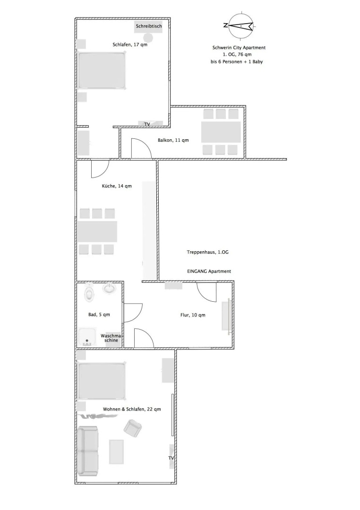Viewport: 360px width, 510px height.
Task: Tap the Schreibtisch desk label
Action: coord(148,26)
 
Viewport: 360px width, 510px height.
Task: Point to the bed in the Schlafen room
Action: coord(102,70)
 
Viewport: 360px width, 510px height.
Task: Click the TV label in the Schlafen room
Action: coord(147,124)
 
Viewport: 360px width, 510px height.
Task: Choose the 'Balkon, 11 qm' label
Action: coord(173,140)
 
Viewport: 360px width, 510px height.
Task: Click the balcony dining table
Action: coord(221,132)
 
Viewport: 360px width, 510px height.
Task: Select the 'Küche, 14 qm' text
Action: coord(117,186)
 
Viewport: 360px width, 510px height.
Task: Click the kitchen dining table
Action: coord(97,231)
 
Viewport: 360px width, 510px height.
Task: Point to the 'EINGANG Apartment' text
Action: coord(209,272)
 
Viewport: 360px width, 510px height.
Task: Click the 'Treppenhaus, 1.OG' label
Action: coord(208,253)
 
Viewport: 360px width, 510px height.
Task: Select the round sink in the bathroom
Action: coord(110,288)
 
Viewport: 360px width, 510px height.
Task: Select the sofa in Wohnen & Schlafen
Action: coord(88,450)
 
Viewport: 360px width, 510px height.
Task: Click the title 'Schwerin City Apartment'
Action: coord(238,48)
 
